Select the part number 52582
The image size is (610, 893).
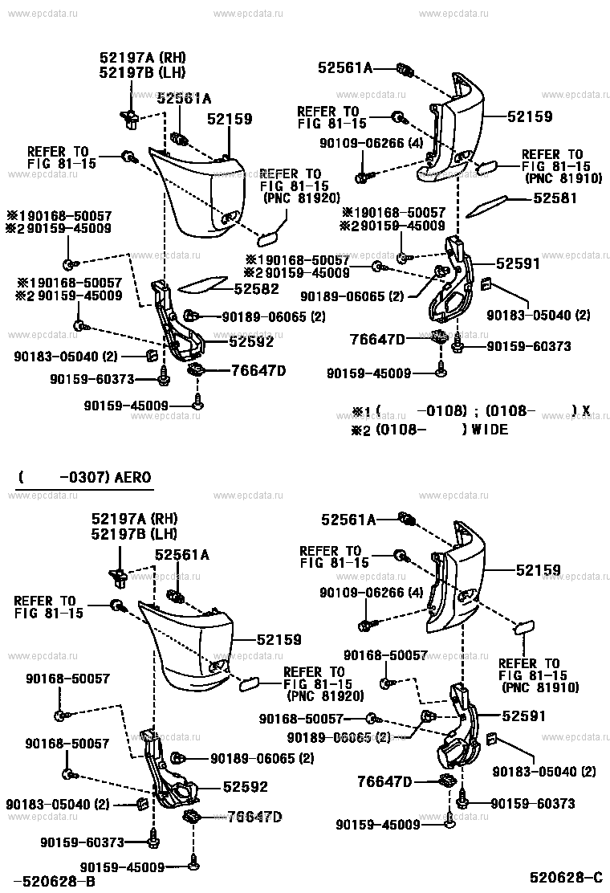(256, 288)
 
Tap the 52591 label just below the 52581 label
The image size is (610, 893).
(518, 263)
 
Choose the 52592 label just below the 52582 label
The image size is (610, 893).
(251, 341)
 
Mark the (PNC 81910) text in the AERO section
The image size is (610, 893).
(540, 687)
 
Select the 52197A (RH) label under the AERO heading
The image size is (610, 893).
(133, 519)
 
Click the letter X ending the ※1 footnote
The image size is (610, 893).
(586, 410)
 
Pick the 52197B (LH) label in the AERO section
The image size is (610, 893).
(133, 533)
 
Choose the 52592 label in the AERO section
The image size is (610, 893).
(245, 787)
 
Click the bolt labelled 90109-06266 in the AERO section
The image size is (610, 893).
(367, 624)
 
